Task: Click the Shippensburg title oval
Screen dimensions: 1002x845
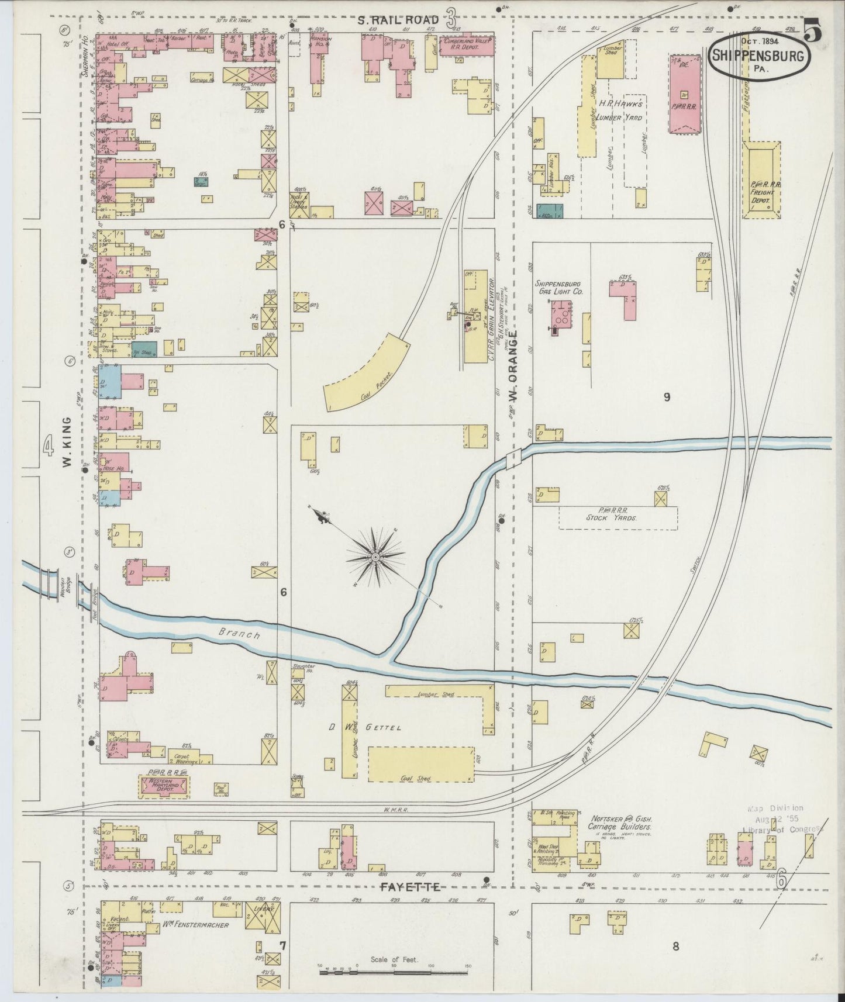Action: tap(760, 57)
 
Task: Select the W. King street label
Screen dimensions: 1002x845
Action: tap(67, 441)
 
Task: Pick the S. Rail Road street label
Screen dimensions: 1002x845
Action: tap(398, 21)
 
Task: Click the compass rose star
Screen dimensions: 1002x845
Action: tap(375, 557)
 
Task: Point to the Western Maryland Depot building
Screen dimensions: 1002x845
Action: tap(164, 786)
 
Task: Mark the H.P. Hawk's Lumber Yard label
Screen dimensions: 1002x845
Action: tap(620, 110)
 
